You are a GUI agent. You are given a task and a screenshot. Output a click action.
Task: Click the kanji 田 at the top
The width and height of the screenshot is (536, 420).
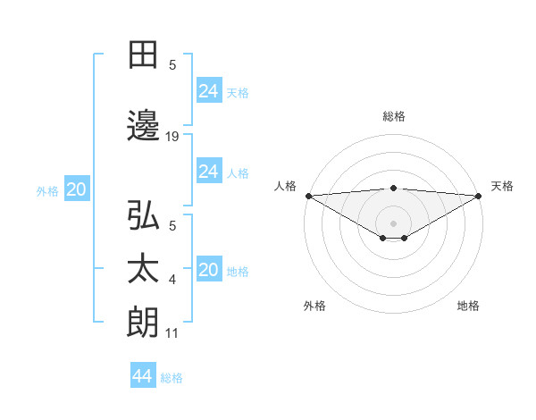pos(143,55)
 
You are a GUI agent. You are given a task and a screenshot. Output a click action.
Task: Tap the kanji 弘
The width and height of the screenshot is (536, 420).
pos(143,216)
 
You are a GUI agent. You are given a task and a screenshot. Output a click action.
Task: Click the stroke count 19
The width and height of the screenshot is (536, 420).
pos(172,136)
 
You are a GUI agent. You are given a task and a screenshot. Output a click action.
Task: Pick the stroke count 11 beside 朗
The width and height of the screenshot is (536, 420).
pos(172,333)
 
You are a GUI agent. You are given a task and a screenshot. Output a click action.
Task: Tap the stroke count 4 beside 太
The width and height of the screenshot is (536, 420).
pos(172,280)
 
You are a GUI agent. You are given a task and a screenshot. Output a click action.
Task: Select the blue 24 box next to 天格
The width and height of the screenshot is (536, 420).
pos(208,91)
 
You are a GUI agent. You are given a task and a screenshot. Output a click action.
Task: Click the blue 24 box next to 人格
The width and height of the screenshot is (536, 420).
pos(208,172)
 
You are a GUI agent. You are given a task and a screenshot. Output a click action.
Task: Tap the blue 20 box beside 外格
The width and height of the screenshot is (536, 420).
pos(76,189)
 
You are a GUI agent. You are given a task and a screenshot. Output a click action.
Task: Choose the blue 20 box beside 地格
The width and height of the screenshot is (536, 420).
pos(208,271)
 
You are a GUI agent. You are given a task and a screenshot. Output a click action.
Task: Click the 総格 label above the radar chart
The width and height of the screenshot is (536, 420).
pos(393,116)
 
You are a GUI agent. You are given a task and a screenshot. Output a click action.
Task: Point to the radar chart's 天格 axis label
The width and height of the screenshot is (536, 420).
pos(502,186)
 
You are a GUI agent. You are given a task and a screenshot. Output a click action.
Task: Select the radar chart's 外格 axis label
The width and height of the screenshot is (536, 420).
pos(314,306)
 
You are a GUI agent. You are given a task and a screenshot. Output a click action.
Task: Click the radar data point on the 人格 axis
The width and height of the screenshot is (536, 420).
pos(308,196)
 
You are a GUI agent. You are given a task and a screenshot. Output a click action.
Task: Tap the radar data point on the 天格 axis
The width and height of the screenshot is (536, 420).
pos(478,196)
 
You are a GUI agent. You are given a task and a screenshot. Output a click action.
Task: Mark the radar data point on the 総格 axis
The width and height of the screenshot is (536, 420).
pos(393,188)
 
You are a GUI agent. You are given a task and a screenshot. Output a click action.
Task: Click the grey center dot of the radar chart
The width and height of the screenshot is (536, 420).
pos(393,222)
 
